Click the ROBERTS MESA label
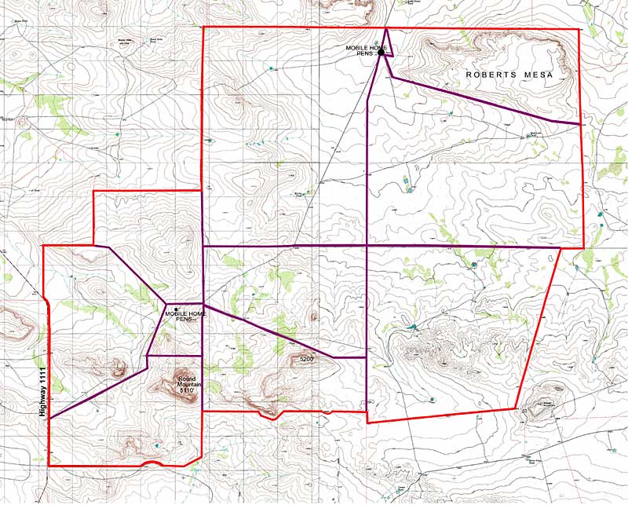(509, 75)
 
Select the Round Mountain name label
(186, 382)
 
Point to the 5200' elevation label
(306, 359)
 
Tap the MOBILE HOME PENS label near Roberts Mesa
(366, 51)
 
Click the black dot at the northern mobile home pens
(380, 53)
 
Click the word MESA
(538, 75)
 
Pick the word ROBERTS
(492, 75)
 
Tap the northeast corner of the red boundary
(579, 29)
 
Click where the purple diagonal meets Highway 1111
(49, 418)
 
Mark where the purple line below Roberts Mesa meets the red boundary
(581, 124)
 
